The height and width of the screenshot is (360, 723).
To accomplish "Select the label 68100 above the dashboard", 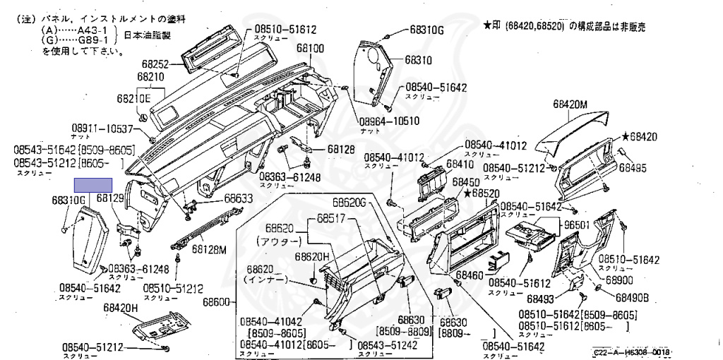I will tap(310, 49).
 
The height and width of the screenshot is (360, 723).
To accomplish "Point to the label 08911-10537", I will tap(102, 129).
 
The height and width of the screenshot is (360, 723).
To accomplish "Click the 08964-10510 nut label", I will tap(389, 121).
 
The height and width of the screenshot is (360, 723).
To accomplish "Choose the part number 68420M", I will tap(571, 105).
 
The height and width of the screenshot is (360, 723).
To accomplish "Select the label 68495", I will tap(633, 167).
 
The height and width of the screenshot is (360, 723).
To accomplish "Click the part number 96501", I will tap(575, 225).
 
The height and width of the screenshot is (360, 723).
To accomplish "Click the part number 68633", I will tap(238, 200).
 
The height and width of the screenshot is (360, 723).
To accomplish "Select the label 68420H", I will tap(121, 308).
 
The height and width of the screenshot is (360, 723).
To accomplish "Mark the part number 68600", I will tap(217, 302).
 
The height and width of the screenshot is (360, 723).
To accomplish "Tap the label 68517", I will tap(331, 219).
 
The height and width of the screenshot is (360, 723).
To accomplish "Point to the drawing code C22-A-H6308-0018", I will tap(631, 351).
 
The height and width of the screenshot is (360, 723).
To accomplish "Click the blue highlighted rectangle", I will tap(94, 186).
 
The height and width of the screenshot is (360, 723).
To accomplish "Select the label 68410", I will tap(460, 164).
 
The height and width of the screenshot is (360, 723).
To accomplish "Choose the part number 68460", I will tap(470, 274).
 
